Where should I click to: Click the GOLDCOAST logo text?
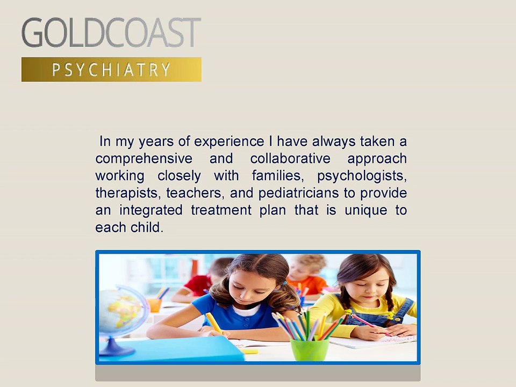coord(111,33)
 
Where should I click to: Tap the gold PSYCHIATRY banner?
coord(111,69)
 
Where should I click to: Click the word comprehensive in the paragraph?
coord(144,159)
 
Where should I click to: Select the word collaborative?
coord(290,158)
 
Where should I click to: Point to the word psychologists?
coord(362,176)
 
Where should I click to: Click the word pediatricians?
coord(298,193)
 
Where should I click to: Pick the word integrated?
coord(150,210)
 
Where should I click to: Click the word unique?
coord(366,210)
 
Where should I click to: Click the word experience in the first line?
coord(229,142)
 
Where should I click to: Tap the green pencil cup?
coord(309,348)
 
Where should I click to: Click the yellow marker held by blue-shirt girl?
coord(213,322)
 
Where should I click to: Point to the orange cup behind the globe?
coord(155,305)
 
